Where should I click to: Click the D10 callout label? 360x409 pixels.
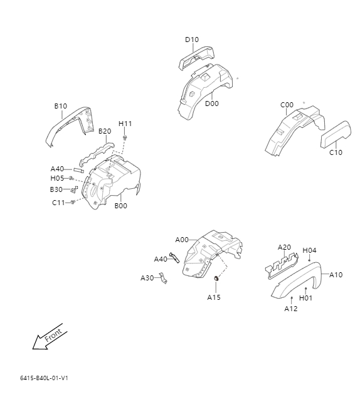[192, 40]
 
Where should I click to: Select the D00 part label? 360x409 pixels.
[212, 104]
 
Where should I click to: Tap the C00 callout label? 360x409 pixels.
[287, 105]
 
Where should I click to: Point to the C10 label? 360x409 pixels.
[336, 152]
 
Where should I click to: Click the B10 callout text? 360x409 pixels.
[60, 106]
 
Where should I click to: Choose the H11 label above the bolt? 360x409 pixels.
[125, 123]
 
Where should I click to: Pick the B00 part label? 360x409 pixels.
[120, 205]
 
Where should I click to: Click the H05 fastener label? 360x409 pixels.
[58, 178]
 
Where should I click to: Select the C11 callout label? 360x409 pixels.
[58, 202]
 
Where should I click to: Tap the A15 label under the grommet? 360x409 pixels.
[214, 297]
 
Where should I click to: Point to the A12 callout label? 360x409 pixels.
[291, 308]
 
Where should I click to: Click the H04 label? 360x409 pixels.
[309, 250]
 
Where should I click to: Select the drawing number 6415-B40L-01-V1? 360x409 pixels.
[43, 378]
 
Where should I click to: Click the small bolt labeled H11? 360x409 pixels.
[125, 137]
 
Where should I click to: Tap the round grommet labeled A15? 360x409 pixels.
[216, 279]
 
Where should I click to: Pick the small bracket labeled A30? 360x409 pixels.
[164, 278]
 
